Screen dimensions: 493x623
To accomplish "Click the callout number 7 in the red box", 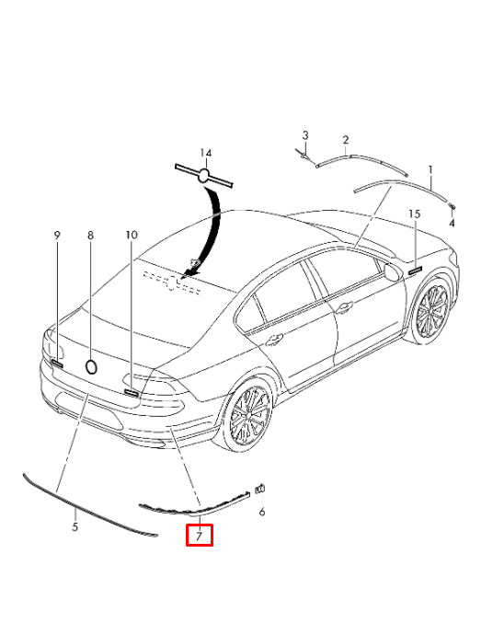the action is [x=199, y=536].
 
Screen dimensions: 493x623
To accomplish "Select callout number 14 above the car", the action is [x=206, y=153].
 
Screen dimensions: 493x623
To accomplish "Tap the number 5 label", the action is [x=75, y=527].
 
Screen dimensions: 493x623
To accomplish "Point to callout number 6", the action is [x=262, y=512].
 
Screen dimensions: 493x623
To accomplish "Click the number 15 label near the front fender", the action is [x=414, y=213].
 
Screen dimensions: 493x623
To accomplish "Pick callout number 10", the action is [x=132, y=235].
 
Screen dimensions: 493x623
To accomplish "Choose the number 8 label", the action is [x=90, y=236].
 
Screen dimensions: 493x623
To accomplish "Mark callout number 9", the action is [x=57, y=236].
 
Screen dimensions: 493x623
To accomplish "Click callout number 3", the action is [x=305, y=135].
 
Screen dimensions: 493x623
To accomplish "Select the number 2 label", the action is [x=346, y=140].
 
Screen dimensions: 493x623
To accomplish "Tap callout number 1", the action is [x=430, y=170].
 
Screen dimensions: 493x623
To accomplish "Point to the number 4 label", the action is [x=452, y=224].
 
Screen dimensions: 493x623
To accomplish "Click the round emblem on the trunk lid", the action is [x=92, y=367].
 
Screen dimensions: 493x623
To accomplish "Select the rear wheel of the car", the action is [x=247, y=414].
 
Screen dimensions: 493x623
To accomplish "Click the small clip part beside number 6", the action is [x=260, y=489].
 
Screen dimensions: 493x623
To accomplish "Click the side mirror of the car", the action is [x=392, y=272].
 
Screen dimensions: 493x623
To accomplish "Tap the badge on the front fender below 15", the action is [x=414, y=271].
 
